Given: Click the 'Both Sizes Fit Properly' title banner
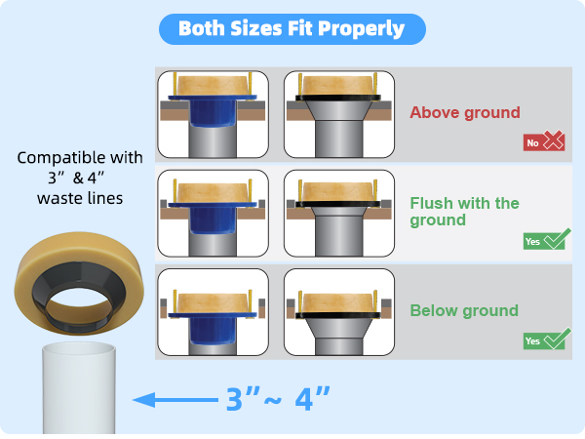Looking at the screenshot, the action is [x=292, y=29].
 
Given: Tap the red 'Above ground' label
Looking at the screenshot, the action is [x=465, y=112].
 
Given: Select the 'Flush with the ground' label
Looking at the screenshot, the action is [x=464, y=212].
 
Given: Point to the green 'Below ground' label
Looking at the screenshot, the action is [x=464, y=310].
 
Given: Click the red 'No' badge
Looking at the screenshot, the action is [x=532, y=142].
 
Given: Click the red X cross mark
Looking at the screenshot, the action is [x=554, y=140].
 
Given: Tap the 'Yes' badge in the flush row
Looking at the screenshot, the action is [x=532, y=242].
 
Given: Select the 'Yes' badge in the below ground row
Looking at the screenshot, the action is [x=532, y=340].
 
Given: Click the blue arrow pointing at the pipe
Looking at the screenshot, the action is [x=175, y=400].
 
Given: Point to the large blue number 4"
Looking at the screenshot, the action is [x=312, y=398].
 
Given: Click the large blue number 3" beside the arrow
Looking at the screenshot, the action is [x=243, y=398].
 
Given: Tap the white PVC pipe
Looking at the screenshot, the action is [x=79, y=389].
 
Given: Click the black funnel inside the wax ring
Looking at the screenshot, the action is [x=78, y=295].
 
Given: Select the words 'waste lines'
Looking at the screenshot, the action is [x=80, y=198].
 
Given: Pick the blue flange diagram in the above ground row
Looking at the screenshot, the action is [x=213, y=114].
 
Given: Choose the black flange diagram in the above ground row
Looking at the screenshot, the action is [x=338, y=114].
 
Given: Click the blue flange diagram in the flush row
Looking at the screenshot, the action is [x=213, y=213].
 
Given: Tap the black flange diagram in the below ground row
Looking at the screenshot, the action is [x=338, y=312].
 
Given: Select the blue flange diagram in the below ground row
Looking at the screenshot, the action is [x=213, y=312].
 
